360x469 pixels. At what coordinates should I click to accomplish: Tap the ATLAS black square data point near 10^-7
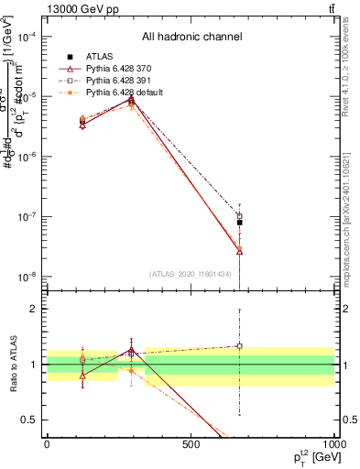pyautogui.click(x=239, y=222)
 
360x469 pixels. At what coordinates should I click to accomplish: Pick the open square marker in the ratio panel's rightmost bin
pyautogui.click(x=239, y=346)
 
